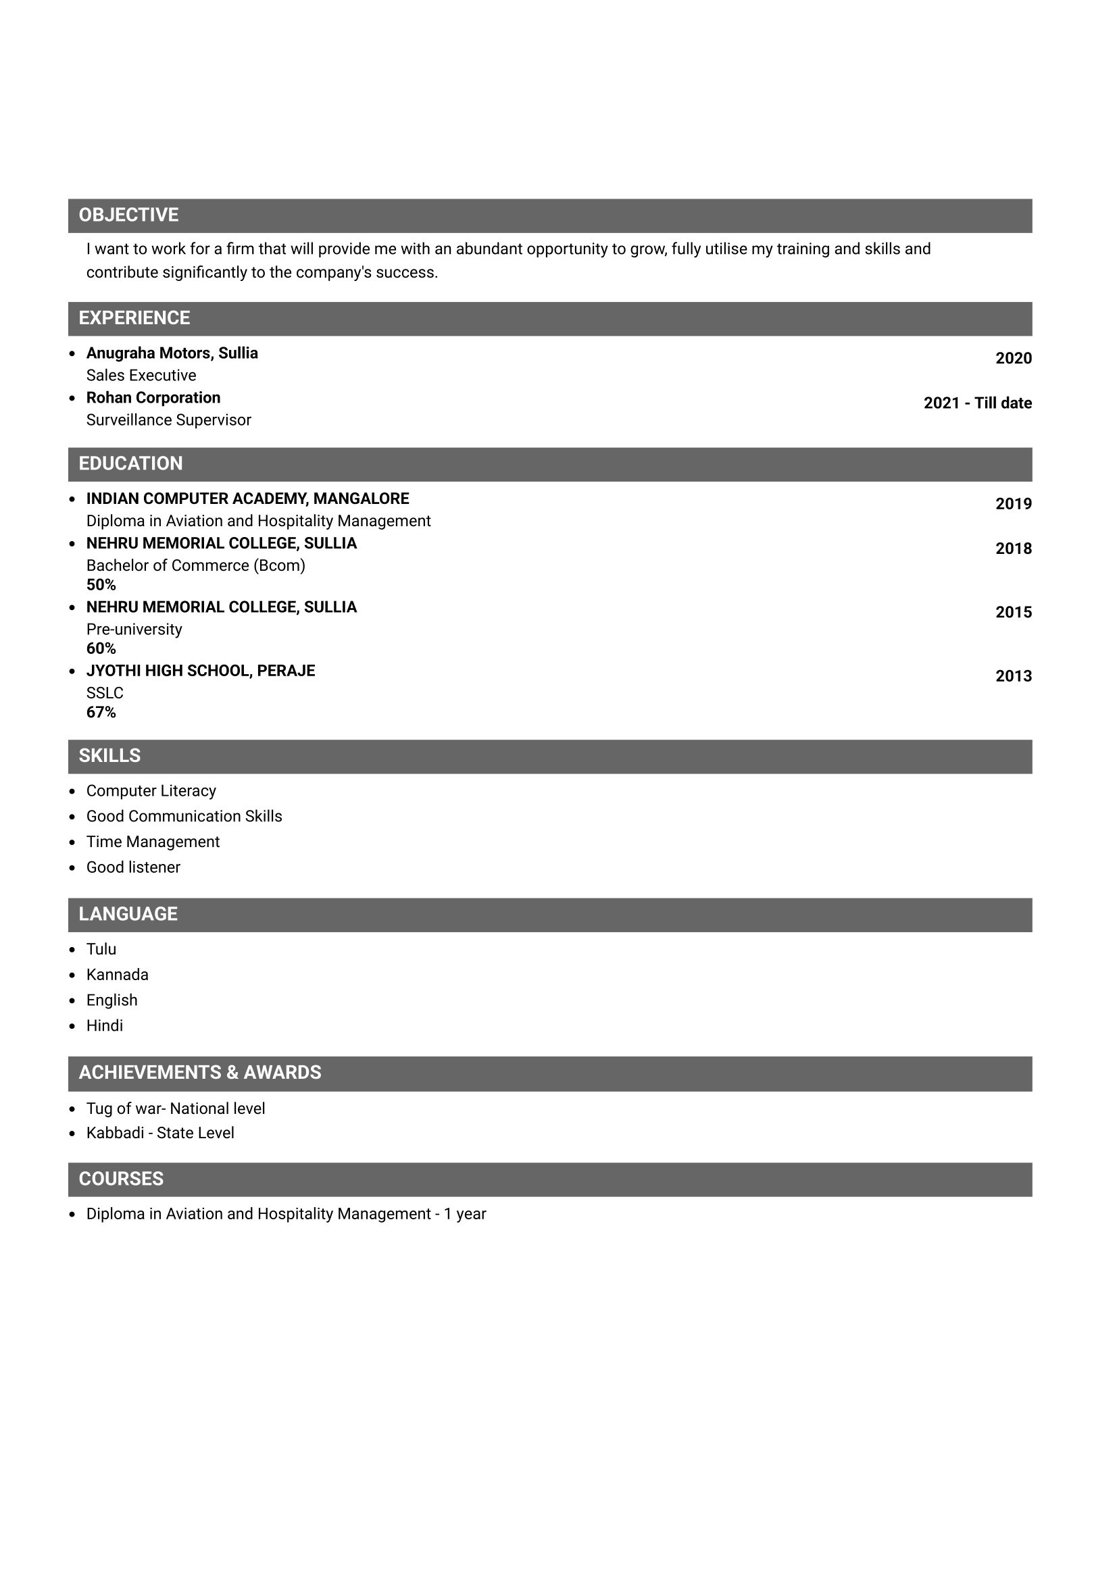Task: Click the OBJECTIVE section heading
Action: click(128, 215)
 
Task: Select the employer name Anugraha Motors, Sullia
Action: click(172, 353)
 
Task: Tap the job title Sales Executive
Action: click(141, 376)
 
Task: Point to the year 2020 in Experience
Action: click(1013, 359)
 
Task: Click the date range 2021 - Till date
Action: click(977, 403)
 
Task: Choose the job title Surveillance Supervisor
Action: click(169, 420)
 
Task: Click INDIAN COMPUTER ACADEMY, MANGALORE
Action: click(248, 499)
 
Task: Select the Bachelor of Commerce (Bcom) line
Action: click(195, 565)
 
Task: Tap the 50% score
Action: click(101, 585)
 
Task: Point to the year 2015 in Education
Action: click(1013, 613)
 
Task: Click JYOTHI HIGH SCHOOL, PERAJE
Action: click(200, 671)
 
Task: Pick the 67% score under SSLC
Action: click(101, 712)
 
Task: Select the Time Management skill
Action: click(153, 842)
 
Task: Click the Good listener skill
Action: click(133, 868)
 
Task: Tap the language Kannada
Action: click(117, 975)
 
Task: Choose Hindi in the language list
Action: click(105, 1026)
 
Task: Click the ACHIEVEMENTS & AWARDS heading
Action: click(199, 1073)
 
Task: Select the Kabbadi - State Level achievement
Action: click(159, 1133)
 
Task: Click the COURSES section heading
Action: click(121, 1179)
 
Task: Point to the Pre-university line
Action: click(134, 630)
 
